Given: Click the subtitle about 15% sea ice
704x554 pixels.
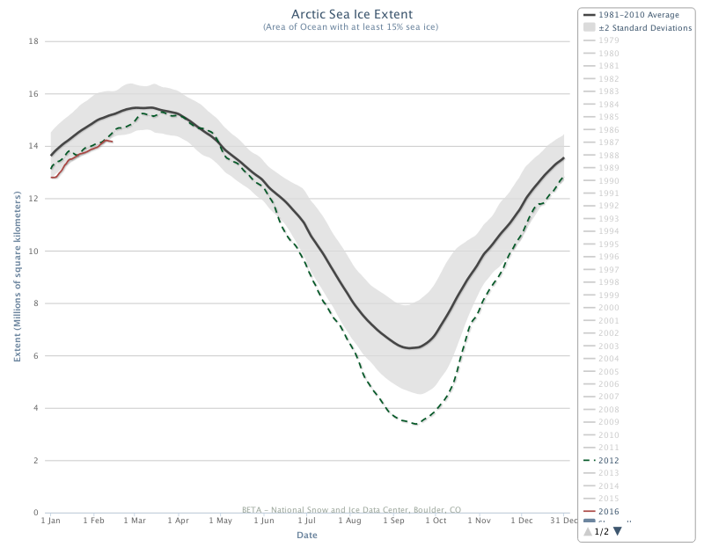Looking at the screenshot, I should pos(350,27).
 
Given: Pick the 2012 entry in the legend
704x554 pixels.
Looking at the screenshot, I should pos(608,460).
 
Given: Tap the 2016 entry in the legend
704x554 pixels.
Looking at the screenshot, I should pos(608,511).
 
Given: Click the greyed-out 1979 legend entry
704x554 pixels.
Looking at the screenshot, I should pos(608,40).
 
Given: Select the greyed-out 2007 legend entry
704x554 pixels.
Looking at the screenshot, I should pos(608,397).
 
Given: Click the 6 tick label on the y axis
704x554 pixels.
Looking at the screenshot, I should pos(36,356).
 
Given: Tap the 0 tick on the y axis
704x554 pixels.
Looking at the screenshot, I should pos(36,513).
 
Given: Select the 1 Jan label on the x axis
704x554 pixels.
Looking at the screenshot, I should pos(50,521).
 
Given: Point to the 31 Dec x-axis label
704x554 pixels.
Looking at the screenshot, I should pos(563,521).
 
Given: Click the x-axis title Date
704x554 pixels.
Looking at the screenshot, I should pos(307,535).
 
